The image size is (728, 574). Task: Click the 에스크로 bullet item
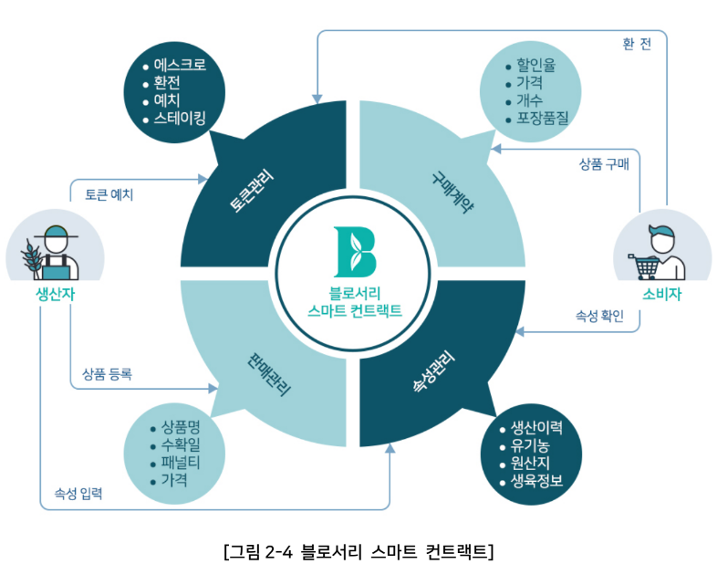[180, 65]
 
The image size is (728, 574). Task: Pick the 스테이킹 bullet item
[180, 118]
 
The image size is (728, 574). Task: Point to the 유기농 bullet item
[530, 445]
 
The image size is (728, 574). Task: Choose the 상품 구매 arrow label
[609, 164]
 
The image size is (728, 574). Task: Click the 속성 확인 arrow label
[599, 316]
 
